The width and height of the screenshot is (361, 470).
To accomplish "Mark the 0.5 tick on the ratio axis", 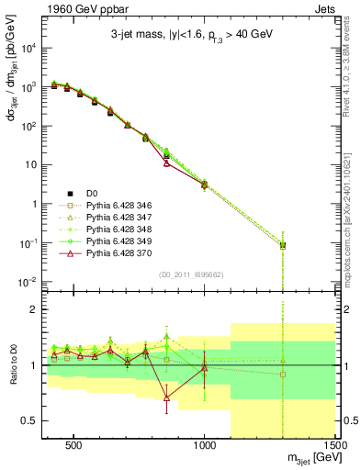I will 28,420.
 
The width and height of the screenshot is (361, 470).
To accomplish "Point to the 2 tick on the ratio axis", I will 32,309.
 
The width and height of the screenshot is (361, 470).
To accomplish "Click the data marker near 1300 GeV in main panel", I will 283,245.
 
